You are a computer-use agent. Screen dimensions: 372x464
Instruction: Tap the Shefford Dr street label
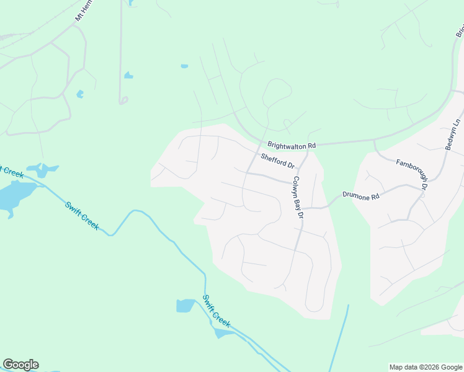point(277,161)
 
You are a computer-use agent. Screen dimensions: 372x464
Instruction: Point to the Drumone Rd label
point(360,196)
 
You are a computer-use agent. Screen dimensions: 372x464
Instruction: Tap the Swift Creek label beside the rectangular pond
point(216,311)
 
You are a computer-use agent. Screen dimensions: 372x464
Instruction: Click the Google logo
point(20,365)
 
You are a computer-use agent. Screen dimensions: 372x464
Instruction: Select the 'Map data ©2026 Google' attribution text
point(426,367)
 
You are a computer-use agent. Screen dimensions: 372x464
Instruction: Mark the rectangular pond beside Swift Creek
point(185,306)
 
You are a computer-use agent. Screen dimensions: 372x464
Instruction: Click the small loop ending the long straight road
point(123,100)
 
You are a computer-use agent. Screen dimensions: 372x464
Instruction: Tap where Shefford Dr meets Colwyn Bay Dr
point(298,168)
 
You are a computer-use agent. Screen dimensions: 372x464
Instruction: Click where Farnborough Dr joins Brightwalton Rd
point(374,141)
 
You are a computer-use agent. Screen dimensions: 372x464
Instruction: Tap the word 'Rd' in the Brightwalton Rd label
point(311,145)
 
